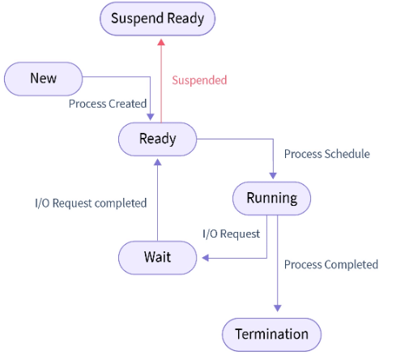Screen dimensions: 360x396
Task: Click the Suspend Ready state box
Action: click(x=157, y=18)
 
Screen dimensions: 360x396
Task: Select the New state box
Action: click(x=43, y=78)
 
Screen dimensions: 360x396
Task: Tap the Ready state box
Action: click(x=157, y=139)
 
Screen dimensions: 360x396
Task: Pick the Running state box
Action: click(x=271, y=198)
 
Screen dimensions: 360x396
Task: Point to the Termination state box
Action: click(x=271, y=334)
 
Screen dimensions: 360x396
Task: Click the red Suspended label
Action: click(x=199, y=80)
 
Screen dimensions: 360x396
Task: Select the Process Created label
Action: click(x=108, y=104)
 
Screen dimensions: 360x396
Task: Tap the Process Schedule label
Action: click(x=326, y=154)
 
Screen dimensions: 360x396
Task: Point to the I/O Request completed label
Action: click(x=91, y=203)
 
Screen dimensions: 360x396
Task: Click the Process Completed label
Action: click(x=330, y=264)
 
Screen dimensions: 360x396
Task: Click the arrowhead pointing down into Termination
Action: click(x=278, y=306)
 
